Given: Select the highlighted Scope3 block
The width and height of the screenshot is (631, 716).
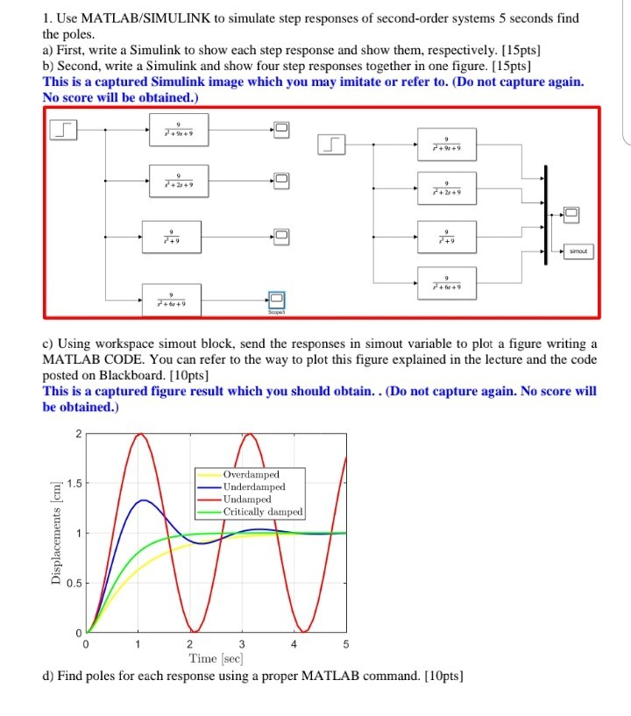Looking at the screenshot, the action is pyautogui.click(x=277, y=301).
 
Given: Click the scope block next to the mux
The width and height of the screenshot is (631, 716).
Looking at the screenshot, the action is pyautogui.click(x=571, y=213).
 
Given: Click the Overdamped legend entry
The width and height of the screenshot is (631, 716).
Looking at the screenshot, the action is pyautogui.click(x=251, y=474).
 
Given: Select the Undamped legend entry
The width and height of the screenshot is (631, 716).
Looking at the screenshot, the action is pyautogui.click(x=247, y=499).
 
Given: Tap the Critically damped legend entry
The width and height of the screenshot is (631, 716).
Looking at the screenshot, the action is pyautogui.click(x=263, y=511).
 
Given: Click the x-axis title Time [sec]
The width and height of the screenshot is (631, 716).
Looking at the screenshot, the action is pyautogui.click(x=216, y=658).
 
